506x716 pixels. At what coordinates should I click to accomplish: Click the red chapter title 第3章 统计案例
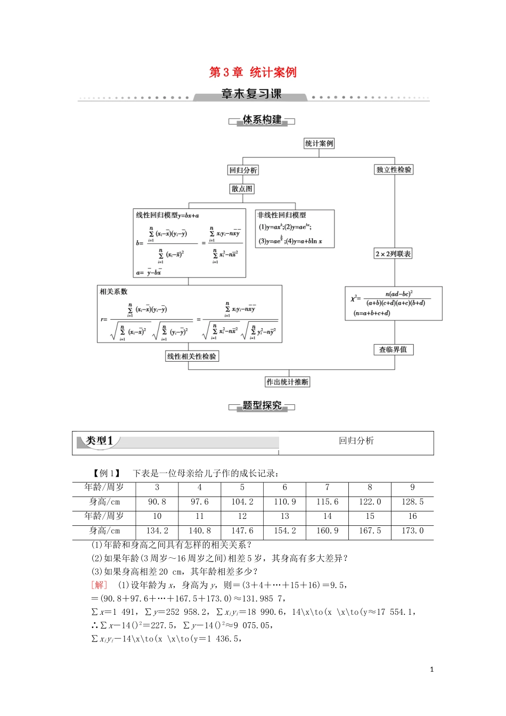252,72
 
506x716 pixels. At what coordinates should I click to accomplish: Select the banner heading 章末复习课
251,94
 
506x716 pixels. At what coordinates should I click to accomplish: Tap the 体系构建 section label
262,120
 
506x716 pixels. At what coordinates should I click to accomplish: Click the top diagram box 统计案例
319,143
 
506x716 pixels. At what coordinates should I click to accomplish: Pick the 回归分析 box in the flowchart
243,170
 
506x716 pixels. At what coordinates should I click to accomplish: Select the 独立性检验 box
394,170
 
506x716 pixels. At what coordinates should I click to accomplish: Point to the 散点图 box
242,189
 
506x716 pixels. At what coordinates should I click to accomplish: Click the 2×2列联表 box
393,254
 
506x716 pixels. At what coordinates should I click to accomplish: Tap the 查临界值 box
393,349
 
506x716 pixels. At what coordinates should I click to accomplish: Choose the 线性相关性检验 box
192,356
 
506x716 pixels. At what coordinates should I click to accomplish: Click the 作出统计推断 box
288,382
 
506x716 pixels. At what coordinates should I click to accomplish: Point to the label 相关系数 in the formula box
113,291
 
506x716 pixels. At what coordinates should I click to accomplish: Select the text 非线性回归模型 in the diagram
282,215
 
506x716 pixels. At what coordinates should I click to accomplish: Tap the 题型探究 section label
262,406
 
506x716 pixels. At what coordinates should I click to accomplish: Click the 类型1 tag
100,441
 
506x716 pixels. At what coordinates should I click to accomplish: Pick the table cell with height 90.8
157,502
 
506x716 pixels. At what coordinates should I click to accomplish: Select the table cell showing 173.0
412,531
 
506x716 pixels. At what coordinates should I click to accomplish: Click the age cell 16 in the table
412,516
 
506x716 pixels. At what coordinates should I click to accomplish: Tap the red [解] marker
99,585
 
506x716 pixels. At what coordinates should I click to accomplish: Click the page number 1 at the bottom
431,670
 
